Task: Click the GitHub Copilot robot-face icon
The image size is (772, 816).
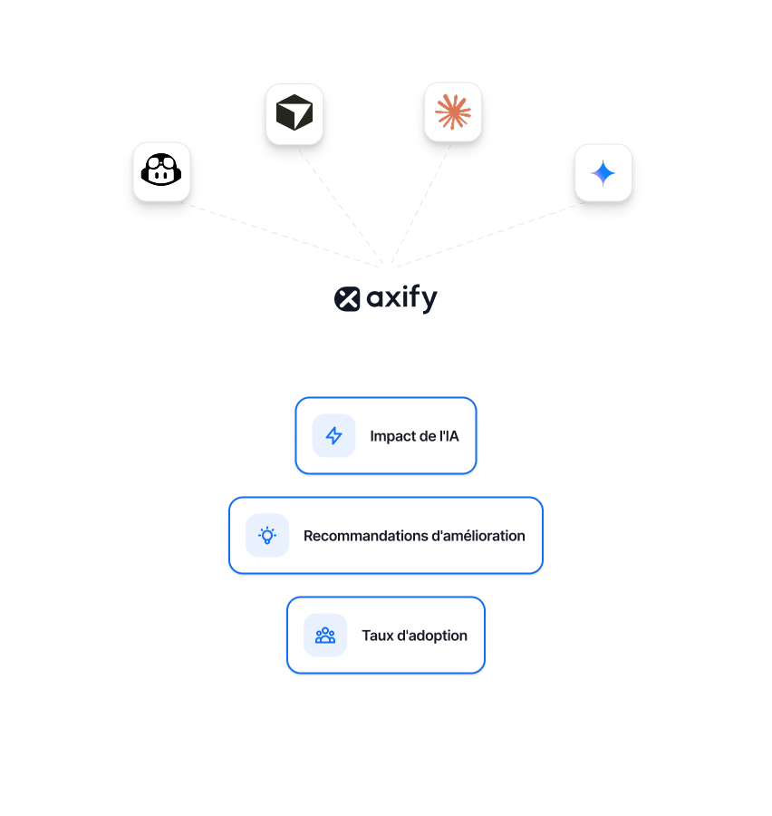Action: pos(162,170)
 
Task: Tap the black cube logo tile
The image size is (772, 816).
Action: pos(294,113)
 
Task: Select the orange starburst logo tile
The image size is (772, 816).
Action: pos(453,112)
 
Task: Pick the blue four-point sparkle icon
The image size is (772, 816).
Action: pos(603,172)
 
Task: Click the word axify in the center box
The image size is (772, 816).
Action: pos(401,298)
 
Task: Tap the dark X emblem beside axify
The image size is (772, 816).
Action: pos(347,298)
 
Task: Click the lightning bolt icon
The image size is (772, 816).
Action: pos(333,436)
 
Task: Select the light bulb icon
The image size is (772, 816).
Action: pos(267,535)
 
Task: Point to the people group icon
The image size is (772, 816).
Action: pos(325,635)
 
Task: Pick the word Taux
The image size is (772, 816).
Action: pos(377,636)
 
